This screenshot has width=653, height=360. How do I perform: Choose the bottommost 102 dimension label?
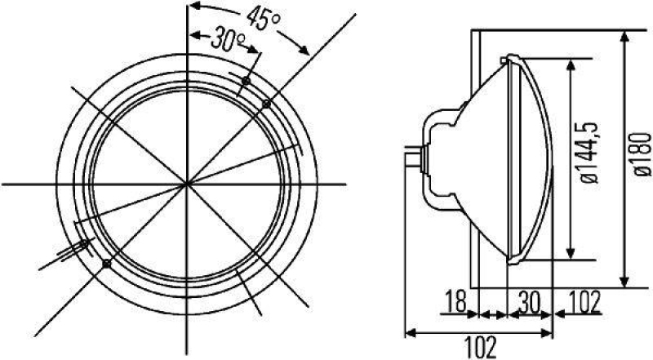click(482, 347)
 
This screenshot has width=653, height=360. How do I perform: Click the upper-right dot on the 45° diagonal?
click(265, 103)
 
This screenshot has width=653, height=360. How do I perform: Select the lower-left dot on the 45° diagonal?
click(107, 263)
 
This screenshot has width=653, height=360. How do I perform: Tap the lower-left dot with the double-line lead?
click(84, 243)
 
